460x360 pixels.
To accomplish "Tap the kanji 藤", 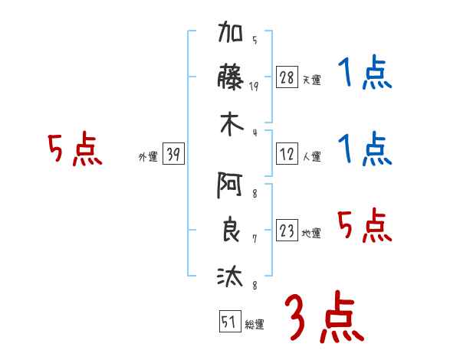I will [231, 79].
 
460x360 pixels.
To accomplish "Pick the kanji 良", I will [231, 231].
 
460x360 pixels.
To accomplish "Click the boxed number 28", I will [287, 78].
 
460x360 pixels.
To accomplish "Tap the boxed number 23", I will [287, 231].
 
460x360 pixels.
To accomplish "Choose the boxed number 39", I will [173, 155].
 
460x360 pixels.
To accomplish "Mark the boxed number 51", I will [228, 322].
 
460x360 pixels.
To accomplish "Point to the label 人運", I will [311, 157].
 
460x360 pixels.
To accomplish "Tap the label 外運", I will [148, 157].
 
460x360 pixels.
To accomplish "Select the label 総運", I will [254, 325].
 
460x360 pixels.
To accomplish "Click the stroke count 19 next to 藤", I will [255, 87].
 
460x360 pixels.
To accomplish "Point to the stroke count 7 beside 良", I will [255, 239].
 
